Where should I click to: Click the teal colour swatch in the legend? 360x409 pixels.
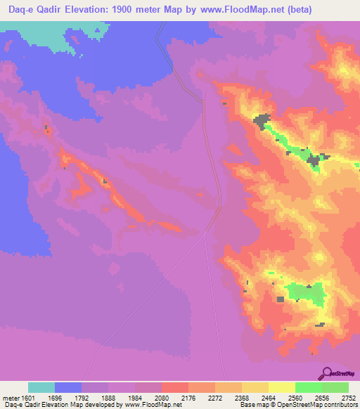41,388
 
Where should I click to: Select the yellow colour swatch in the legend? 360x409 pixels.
282,388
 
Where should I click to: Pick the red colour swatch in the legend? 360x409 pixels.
175,388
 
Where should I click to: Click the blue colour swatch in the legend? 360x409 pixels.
68,388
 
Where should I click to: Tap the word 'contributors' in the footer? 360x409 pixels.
340,404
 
